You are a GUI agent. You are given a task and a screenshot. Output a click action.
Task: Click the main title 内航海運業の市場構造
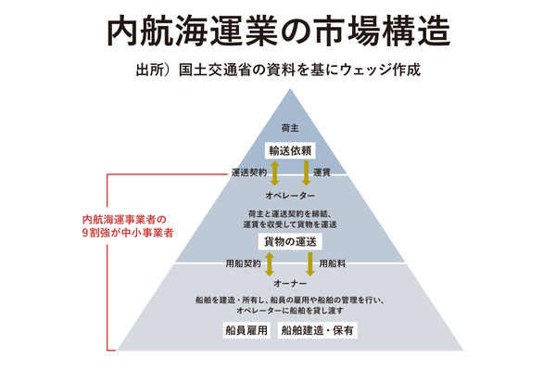point(279,31)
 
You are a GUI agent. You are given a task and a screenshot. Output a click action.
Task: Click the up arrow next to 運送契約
point(273,172)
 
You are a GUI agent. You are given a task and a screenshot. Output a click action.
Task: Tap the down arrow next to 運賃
point(305,172)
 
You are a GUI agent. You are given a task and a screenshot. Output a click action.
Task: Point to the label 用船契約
point(243,263)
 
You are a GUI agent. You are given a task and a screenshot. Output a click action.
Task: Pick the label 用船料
point(332,263)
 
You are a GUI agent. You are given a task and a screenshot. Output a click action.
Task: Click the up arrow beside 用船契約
point(269,263)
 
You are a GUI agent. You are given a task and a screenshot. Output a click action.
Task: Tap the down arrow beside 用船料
point(310,263)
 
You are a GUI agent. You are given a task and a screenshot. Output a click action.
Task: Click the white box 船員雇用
point(245,330)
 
